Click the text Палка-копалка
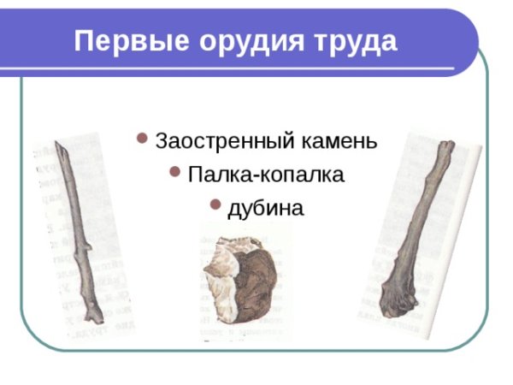266,175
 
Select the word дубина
265,208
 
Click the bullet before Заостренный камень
142,139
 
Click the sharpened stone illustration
244,282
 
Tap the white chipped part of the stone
218,287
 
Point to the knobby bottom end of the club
398,299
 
